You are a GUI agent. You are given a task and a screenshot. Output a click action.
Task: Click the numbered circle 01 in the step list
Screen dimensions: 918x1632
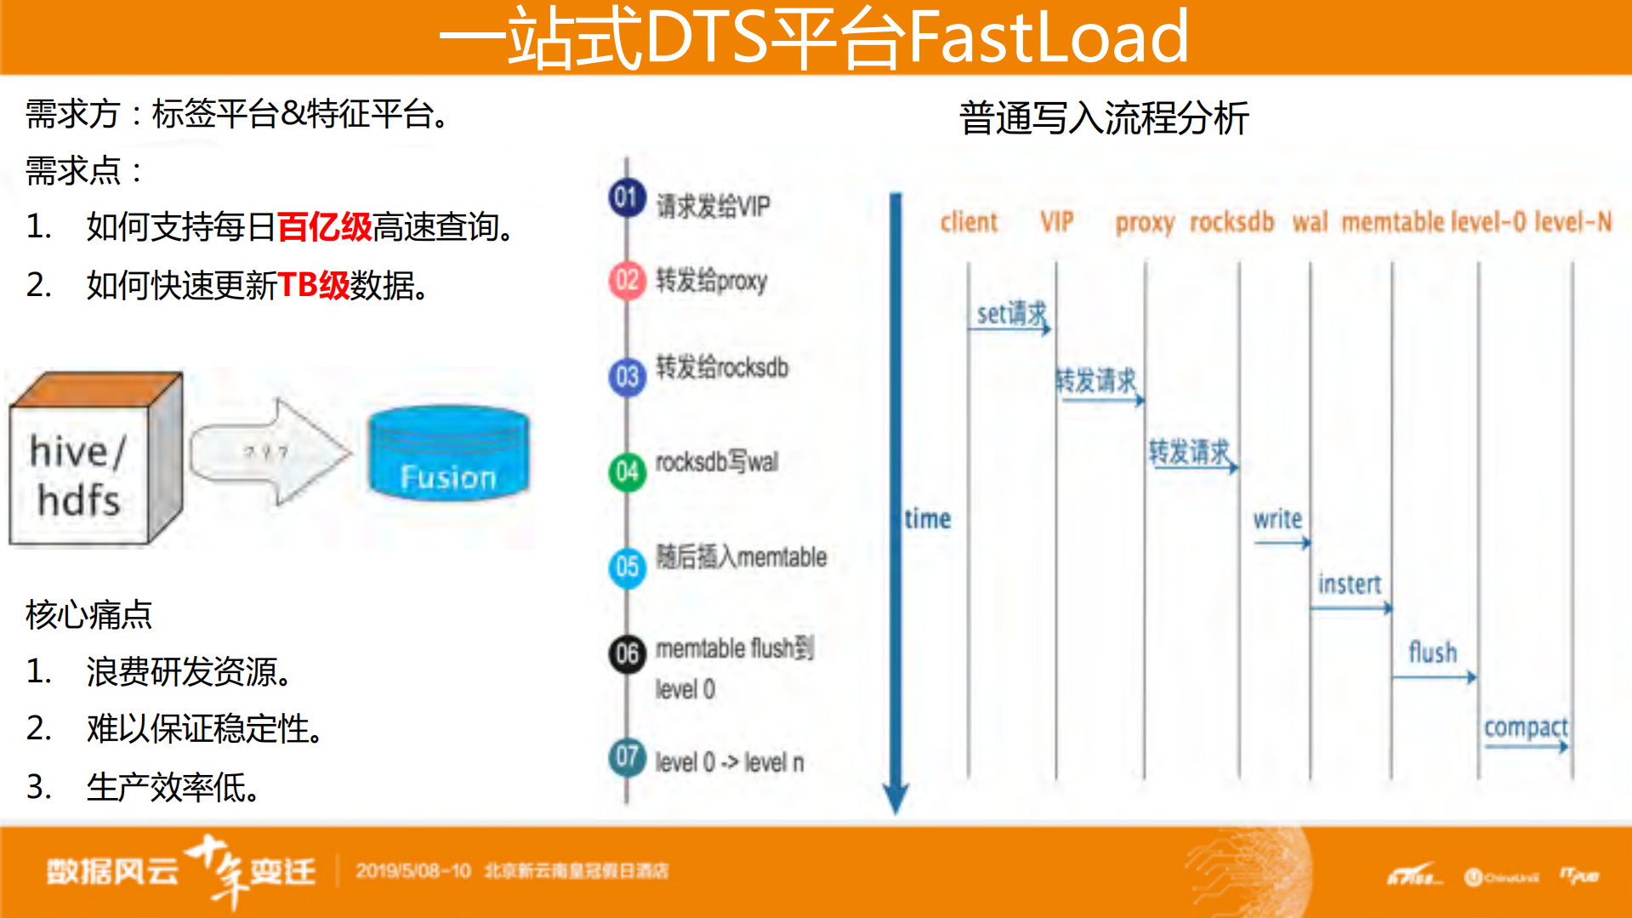coord(628,198)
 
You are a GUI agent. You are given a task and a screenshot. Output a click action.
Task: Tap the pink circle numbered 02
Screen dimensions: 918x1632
coord(628,281)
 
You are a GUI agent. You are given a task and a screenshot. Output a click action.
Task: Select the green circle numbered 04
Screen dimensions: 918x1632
coord(628,471)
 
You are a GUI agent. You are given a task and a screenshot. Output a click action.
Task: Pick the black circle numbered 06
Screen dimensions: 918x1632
coord(628,653)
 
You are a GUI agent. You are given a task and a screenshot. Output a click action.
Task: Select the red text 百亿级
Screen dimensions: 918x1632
coord(325,227)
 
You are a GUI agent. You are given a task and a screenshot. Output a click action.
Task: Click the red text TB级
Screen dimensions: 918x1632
coord(313,286)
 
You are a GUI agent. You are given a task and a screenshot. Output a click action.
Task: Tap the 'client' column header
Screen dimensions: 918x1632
coord(969,222)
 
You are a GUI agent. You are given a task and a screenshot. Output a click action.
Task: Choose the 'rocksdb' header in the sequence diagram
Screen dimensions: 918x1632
coord(1231,222)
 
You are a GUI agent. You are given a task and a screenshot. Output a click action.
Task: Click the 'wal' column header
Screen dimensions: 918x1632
coord(1310,222)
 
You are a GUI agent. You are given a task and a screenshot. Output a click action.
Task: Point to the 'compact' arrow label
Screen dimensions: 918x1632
coord(1526,728)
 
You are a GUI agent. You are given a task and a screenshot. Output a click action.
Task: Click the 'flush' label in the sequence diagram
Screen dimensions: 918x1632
coord(1433,653)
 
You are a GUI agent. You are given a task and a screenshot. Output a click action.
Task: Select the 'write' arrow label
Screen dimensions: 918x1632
coord(1277,519)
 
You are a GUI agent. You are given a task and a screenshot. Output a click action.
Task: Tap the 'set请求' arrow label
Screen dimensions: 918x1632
coord(1012,314)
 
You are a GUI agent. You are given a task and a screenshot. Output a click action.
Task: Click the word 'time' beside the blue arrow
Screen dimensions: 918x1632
coord(928,519)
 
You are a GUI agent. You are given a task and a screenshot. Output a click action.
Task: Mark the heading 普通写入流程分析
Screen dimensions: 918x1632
coord(1104,118)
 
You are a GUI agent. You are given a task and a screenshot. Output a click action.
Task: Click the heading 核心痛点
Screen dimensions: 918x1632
coord(88,614)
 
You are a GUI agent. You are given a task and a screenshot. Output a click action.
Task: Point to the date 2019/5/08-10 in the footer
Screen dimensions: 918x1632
coord(413,871)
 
